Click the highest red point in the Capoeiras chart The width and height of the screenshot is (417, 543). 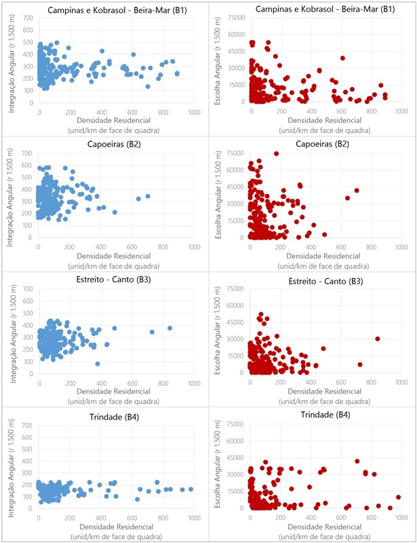coord(276,153)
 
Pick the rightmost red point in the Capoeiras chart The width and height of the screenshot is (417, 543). coord(357,191)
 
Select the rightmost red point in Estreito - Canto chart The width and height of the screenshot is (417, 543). coord(378,339)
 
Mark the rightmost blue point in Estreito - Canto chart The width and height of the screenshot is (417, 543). coord(170,328)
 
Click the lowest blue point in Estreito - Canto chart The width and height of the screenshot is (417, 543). coord(98,364)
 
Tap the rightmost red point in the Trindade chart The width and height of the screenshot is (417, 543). coord(399,497)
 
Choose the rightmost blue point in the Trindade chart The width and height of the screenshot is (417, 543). coord(191,489)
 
